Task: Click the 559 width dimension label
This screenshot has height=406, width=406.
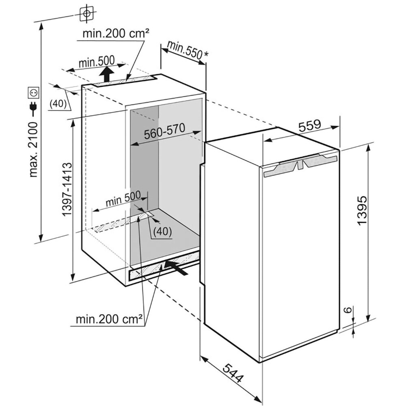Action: (310, 125)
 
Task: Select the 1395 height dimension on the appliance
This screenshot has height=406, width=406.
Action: (363, 211)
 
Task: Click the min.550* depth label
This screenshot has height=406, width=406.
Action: (185, 51)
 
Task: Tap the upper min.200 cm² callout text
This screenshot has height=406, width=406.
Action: (114, 33)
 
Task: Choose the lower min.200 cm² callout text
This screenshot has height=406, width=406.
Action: (110, 319)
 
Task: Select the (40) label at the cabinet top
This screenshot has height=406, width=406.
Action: (58, 104)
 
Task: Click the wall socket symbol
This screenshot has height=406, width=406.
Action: (33, 93)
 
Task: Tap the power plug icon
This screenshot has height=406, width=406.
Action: (33, 108)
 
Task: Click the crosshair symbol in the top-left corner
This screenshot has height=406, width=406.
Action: (86, 13)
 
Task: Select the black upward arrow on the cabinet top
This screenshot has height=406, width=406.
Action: (107, 74)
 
